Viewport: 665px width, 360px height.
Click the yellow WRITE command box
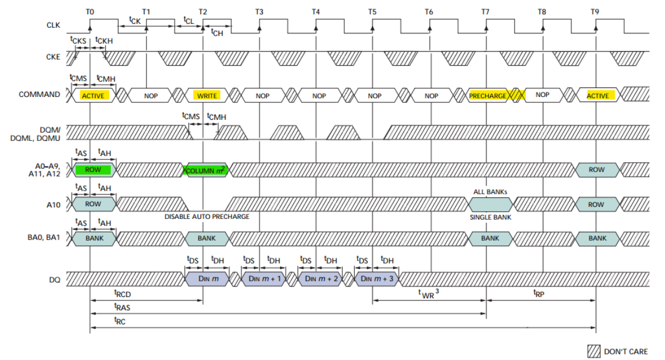pos(207,95)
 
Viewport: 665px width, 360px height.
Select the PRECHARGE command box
pos(488,95)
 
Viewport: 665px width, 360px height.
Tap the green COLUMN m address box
pos(206,170)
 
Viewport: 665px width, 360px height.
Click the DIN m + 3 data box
pos(376,279)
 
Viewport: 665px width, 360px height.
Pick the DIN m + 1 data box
pos(262,279)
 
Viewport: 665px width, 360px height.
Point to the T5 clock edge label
pos(372,11)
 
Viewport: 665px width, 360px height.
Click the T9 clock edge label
pos(597,11)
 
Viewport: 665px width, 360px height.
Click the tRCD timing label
pos(122,294)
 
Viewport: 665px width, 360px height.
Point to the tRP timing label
pos(539,293)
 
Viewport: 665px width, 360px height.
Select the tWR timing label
pos(428,293)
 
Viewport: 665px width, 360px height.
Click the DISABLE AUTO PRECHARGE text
pos(207,216)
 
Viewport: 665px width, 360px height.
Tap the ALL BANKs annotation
pos(490,192)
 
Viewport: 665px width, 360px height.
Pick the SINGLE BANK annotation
pos(490,217)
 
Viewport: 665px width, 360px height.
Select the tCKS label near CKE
pos(78,40)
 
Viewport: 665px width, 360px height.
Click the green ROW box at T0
pos(93,170)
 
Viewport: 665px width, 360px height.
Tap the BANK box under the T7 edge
pos(490,238)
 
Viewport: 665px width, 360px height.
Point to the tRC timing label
pos(120,320)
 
